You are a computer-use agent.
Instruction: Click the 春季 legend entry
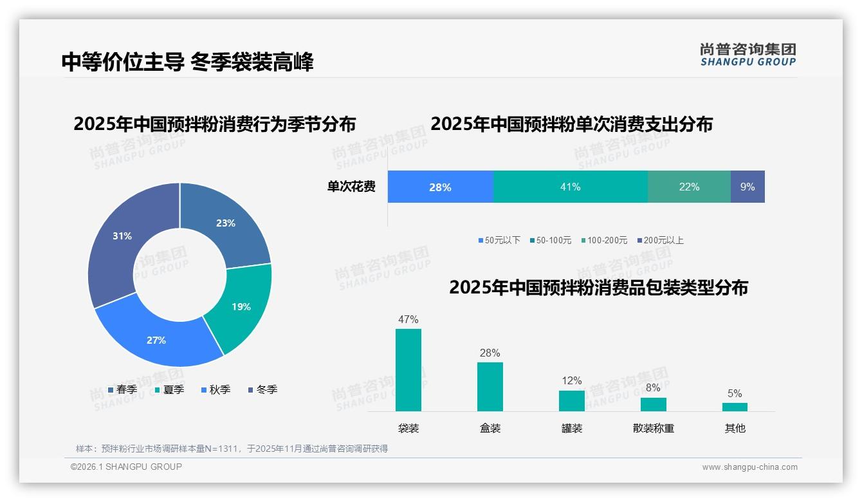(x=122, y=389)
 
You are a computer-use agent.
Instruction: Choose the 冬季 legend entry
(x=262, y=389)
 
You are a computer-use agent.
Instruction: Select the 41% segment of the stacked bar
(x=570, y=187)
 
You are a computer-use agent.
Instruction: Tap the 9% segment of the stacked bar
(x=747, y=187)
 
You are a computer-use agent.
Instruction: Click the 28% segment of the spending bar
(x=441, y=187)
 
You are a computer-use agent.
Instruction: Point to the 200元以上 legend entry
(x=660, y=240)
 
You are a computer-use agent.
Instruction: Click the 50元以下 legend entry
(x=499, y=240)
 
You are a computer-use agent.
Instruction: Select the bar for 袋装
(x=408, y=370)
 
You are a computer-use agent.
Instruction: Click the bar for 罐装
(x=572, y=400)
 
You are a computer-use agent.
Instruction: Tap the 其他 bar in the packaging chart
(x=735, y=407)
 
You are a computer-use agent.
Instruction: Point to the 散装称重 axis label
(x=654, y=428)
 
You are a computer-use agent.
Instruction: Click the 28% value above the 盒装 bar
(x=490, y=353)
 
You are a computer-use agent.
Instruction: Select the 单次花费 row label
(x=351, y=187)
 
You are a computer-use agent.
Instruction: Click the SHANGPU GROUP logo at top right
(x=747, y=55)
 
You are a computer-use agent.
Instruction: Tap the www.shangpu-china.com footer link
(x=749, y=467)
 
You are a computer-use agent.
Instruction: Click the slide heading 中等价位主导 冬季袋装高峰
(x=187, y=62)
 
